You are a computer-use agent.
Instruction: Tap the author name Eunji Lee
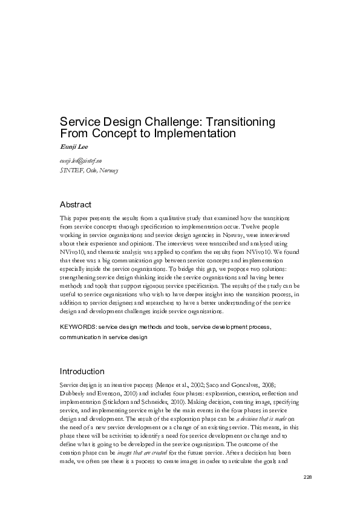click(x=73, y=146)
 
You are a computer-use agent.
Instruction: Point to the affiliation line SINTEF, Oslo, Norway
click(x=88, y=170)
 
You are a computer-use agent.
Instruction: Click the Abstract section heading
click(x=76, y=204)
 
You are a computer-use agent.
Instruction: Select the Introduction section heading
click(x=82, y=371)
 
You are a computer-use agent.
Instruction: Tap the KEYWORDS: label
click(x=78, y=327)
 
